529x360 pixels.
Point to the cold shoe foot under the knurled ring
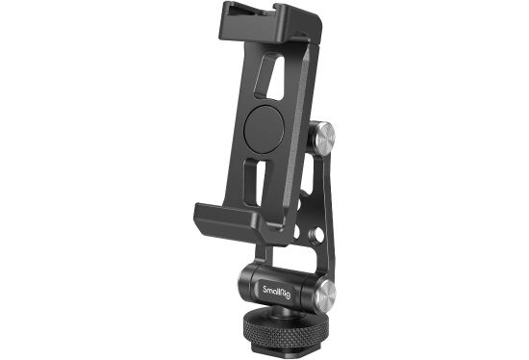click(x=290, y=349)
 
